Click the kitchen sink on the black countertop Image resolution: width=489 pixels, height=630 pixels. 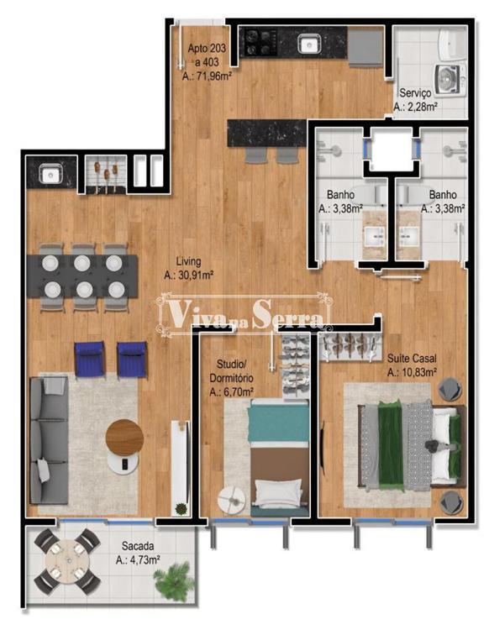308,44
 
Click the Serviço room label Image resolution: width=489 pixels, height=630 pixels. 415,92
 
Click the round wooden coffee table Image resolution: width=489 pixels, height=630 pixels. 124,437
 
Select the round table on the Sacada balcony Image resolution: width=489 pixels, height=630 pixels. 66,562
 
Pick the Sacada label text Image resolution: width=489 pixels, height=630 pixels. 138,546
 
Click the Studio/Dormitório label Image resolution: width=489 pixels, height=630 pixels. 231,371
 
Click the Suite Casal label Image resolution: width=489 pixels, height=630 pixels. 412,358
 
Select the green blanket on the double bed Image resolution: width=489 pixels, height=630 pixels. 391,444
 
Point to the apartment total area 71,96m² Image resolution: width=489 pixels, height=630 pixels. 207,76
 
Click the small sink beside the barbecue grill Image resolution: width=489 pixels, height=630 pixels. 50,175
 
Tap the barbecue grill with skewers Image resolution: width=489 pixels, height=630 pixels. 106,175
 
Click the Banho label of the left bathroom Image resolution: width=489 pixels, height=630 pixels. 340,195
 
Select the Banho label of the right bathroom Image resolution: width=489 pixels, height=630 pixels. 443,195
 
